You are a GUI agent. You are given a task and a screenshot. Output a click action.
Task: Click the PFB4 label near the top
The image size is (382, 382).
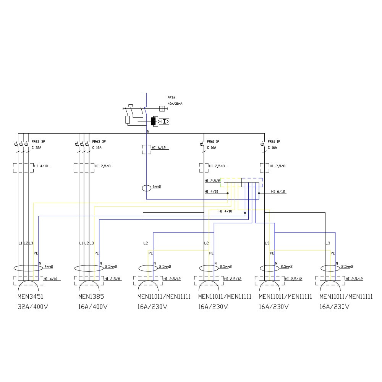171,97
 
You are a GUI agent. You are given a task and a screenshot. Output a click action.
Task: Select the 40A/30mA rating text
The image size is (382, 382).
175,104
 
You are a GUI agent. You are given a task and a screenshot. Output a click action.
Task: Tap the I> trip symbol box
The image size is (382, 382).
165,121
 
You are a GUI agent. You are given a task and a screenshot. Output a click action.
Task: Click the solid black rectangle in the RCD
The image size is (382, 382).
154,121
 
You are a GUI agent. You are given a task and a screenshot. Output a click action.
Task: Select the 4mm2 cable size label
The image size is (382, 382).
49,266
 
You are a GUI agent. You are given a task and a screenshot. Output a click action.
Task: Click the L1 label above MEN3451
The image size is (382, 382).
20,243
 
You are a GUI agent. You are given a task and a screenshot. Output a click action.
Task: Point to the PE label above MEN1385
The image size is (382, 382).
96,253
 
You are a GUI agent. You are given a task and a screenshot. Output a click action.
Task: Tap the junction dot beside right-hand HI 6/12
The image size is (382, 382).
259,193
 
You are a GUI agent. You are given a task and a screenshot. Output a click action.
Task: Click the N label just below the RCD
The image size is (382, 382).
148,131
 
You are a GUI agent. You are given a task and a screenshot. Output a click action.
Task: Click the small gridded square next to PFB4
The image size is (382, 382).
162,108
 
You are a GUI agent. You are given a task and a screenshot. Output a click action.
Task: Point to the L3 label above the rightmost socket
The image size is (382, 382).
327,243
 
